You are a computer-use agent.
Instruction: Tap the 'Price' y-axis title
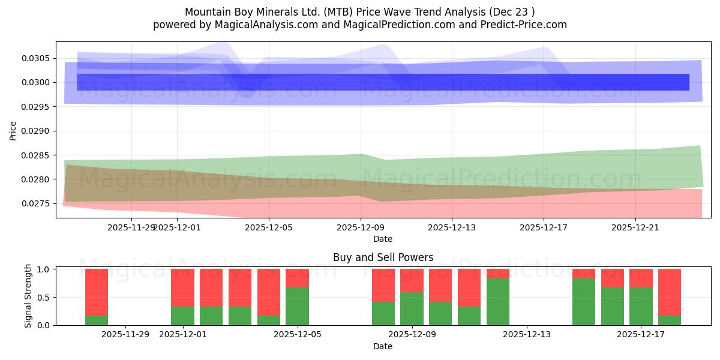13,130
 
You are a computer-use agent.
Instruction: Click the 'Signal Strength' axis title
28,296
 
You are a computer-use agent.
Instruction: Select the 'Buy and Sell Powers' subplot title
383,257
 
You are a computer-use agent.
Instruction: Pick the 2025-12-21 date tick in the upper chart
635,227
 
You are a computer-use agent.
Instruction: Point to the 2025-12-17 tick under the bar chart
641,334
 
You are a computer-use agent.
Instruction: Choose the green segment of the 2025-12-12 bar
497,302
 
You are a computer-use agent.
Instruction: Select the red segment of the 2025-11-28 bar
97,292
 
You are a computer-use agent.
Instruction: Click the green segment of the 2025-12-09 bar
412,308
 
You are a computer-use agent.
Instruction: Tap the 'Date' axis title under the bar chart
383,346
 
